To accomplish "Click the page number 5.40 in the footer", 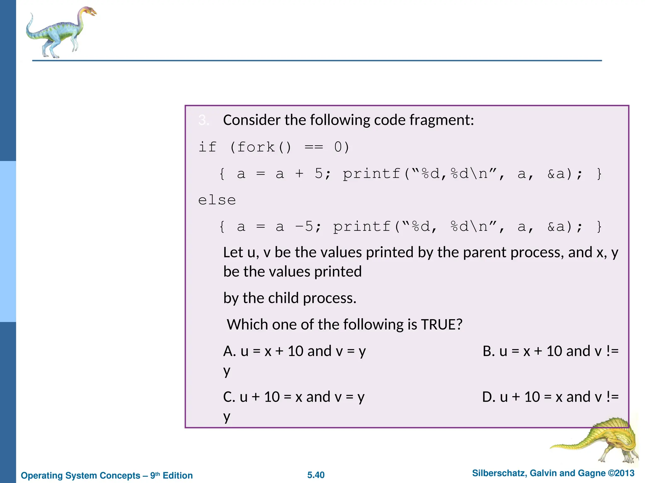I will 316,475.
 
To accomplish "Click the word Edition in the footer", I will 178,475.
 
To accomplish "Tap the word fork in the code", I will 256,147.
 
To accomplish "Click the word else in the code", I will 217,200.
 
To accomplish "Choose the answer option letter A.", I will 229,351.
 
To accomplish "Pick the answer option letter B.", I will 488,351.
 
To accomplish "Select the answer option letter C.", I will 229,397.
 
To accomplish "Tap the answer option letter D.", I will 488,397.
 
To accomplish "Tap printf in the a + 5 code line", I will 371,174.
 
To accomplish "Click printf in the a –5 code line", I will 362,227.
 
